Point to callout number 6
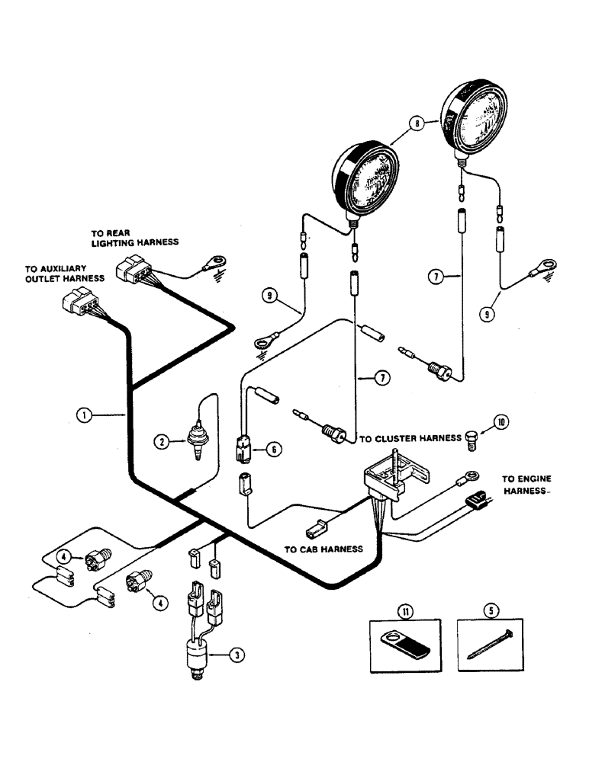(272, 450)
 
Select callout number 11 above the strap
(404, 610)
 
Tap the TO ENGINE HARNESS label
(526, 485)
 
